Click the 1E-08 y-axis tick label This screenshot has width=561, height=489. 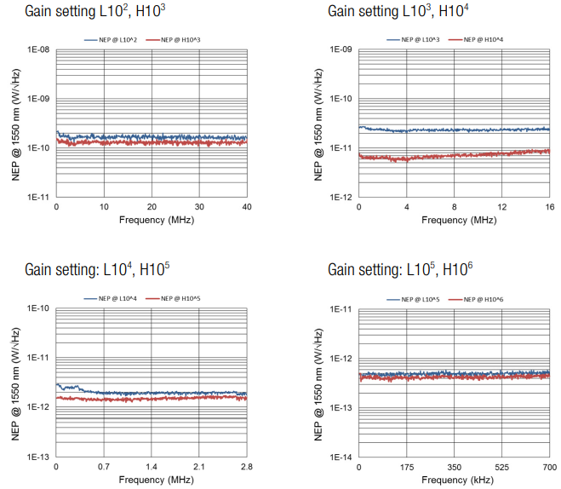click(x=38, y=50)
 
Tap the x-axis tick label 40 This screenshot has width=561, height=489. click(x=246, y=207)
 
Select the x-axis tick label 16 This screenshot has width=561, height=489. click(x=549, y=207)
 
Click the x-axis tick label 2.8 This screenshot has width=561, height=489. click(x=246, y=468)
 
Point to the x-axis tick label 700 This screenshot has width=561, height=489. click(x=549, y=468)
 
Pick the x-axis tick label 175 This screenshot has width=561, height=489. click(x=407, y=468)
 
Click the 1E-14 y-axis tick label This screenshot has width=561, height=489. click(x=341, y=457)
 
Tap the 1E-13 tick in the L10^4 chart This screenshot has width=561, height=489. click(x=38, y=457)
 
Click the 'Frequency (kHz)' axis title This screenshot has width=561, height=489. click(x=454, y=480)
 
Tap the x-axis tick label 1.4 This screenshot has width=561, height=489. click(x=151, y=468)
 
